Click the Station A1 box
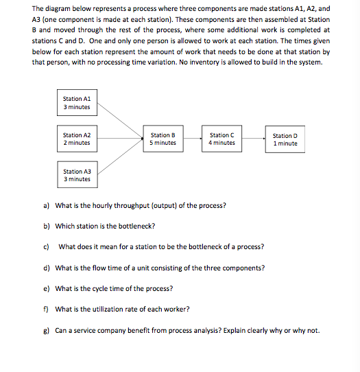pyautogui.click(x=77, y=103)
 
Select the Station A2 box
pyautogui.click(x=77, y=139)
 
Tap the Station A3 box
pyautogui.click(x=77, y=175)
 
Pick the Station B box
pyautogui.click(x=163, y=139)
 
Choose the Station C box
pyautogui.click(x=222, y=139)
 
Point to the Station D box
pyautogui.click(x=285, y=139)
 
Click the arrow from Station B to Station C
pyautogui.click(x=192, y=139)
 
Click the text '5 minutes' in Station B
pyautogui.click(x=163, y=143)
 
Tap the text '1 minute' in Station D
pyautogui.click(x=285, y=144)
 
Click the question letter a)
pyautogui.click(x=46, y=205)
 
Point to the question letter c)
pyautogui.click(x=46, y=246)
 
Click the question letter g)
pyautogui.click(x=46, y=330)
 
